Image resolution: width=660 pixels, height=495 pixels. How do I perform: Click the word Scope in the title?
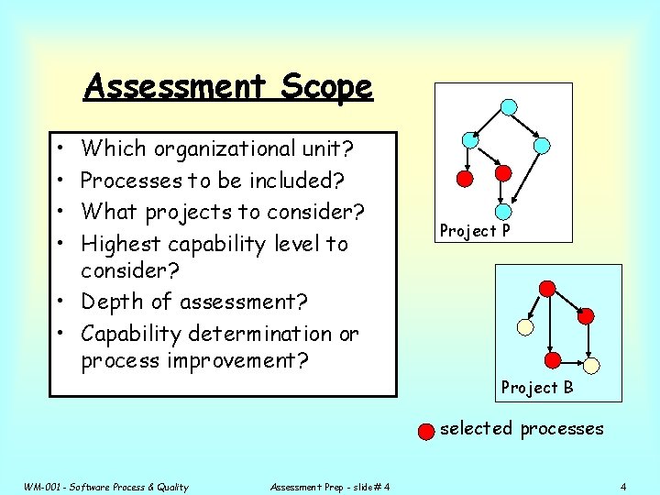tap(327, 87)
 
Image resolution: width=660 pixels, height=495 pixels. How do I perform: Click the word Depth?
tap(113, 302)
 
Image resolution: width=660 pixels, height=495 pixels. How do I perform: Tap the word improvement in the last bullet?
tap(237, 360)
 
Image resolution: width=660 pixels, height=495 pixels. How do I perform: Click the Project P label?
tap(474, 231)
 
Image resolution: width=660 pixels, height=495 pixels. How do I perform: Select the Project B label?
tap(536, 388)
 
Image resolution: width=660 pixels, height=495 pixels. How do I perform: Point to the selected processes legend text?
tap(522, 428)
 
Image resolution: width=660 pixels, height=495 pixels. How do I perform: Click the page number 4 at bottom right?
tap(622, 486)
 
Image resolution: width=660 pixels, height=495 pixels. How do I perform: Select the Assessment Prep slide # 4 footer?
tap(330, 487)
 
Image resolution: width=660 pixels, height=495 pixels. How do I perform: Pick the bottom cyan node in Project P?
tap(500, 210)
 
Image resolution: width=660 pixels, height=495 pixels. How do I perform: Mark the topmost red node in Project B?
tap(547, 289)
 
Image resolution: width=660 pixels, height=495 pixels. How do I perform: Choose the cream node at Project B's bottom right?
tap(591, 365)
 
